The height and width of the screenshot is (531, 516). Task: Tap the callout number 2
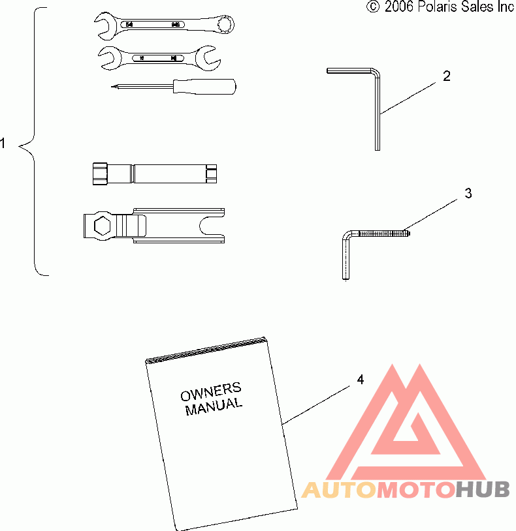[446, 76]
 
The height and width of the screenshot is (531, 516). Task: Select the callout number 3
[468, 193]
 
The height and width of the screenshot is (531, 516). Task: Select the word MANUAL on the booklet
[214, 407]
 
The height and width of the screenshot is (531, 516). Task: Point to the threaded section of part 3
[382, 232]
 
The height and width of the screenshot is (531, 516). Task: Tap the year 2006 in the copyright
[398, 7]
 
